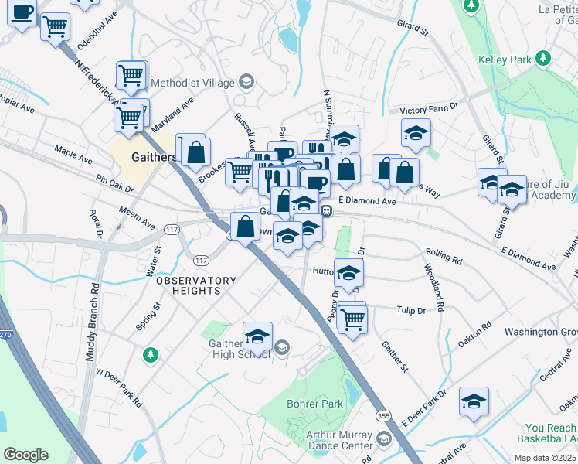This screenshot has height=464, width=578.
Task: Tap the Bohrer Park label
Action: pyautogui.click(x=314, y=404)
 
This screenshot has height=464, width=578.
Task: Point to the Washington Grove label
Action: pyautogui.click(x=541, y=332)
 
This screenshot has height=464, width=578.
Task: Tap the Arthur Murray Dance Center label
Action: pyautogui.click(x=339, y=440)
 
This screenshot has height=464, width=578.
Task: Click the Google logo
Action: pyautogui.click(x=25, y=455)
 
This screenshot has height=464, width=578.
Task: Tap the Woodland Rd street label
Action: pyautogui.click(x=433, y=287)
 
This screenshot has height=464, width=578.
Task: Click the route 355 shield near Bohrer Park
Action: pyautogui.click(x=384, y=417)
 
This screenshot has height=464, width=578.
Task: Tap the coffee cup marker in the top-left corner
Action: pyautogui.click(x=22, y=13)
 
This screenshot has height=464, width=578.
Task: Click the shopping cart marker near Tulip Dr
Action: pyautogui.click(x=353, y=318)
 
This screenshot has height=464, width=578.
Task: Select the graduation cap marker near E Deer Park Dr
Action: pyautogui.click(x=474, y=401)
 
